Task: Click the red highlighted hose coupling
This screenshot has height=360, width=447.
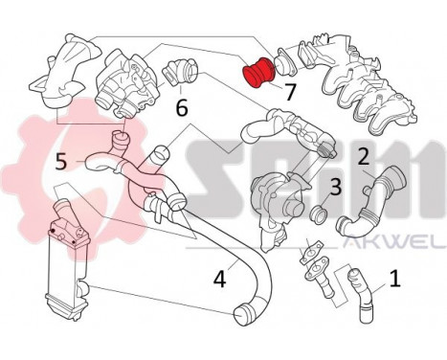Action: click(x=257, y=72)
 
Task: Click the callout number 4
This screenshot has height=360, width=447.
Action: click(x=220, y=281)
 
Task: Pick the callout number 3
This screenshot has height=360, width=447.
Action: click(x=335, y=187)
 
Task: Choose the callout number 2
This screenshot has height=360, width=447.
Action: click(x=364, y=155)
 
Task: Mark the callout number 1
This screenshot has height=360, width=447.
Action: click(x=393, y=281)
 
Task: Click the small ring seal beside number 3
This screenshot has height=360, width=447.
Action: click(x=321, y=213)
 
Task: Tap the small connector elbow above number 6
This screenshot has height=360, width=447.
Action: click(x=180, y=72)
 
